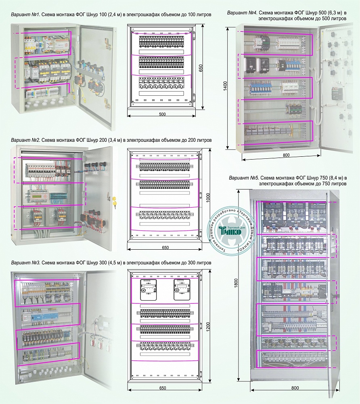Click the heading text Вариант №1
pos(25,15)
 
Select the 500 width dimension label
pos(162,114)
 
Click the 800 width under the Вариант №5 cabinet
pos(295,388)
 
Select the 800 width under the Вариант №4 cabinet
pos(286,154)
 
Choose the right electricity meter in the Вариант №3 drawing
pos(181,289)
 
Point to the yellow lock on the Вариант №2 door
pos(114,201)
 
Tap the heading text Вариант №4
pos(243,13)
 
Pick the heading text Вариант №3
pos(25,263)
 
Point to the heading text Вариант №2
pos(25,140)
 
